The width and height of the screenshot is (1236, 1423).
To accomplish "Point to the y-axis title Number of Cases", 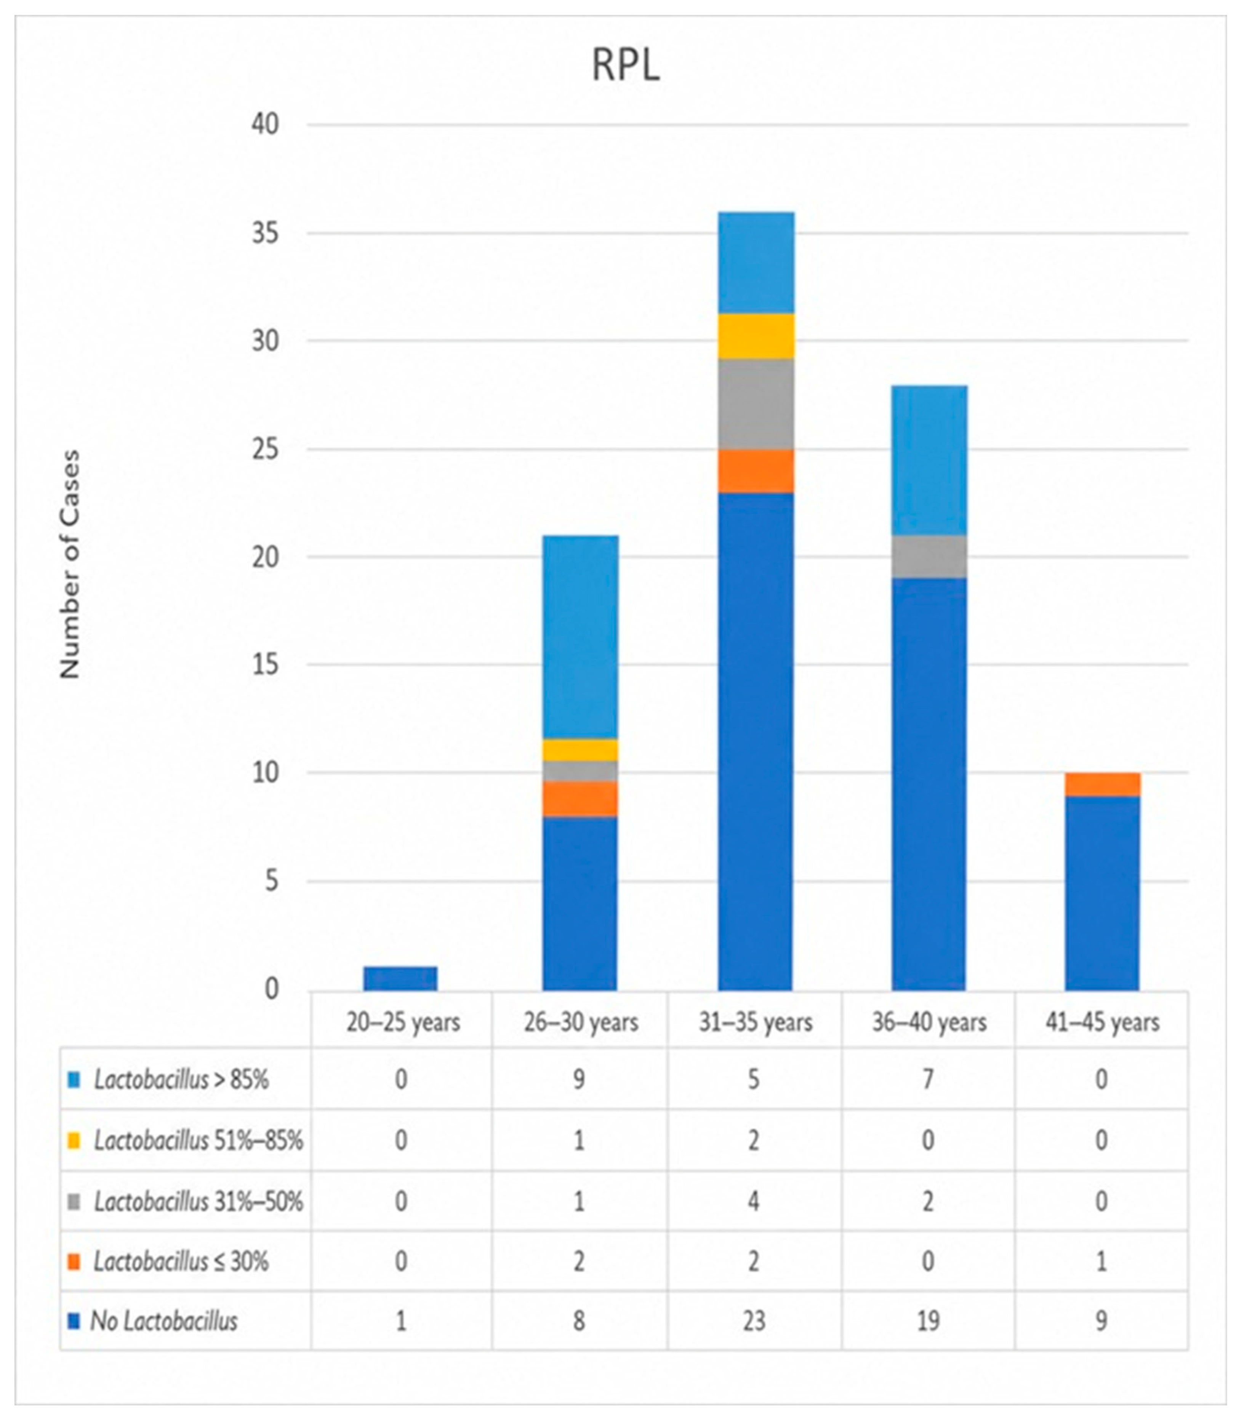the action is coord(70,564).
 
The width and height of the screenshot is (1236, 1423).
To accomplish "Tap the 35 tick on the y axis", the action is coord(266,233).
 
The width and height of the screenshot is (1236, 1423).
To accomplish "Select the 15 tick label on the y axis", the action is coord(266,665).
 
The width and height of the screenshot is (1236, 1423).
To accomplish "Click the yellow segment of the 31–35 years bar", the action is coord(756,336).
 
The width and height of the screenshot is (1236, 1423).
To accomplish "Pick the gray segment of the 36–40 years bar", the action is coord(929,557).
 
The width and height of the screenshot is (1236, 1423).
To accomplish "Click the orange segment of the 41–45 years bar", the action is coord(1102,784).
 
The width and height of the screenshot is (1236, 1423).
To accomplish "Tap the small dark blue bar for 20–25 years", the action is coord(401,978).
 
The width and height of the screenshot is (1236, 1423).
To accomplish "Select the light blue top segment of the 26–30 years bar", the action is coord(580,637).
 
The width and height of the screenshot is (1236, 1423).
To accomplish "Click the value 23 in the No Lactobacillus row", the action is coord(754,1321).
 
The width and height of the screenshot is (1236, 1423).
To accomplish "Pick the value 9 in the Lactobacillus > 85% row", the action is coord(579,1079).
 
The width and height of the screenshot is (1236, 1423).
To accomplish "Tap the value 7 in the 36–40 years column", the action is coord(929,1079).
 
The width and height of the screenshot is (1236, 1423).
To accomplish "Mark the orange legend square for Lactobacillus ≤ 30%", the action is coord(75,1261).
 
